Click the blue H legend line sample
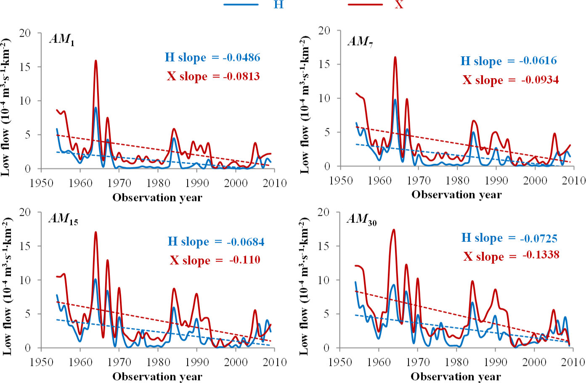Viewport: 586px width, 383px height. pyautogui.click(x=241, y=5)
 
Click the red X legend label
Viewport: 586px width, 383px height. pyautogui.click(x=399, y=5)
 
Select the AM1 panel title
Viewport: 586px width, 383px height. pyautogui.click(x=62, y=39)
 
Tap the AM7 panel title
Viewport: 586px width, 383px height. pyautogui.click(x=360, y=41)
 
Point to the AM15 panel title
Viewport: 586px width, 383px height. pyautogui.click(x=64, y=219)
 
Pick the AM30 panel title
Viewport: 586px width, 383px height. pyautogui.click(x=361, y=219)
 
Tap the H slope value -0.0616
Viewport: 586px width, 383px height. pyautogui.click(x=538, y=61)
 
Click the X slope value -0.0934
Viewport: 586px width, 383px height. pyautogui.click(x=540, y=80)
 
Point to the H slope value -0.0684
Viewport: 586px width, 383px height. pyautogui.click(x=245, y=242)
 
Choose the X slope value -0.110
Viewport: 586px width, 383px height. pyautogui.click(x=244, y=260)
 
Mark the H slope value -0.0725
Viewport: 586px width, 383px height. pyautogui.click(x=538, y=238)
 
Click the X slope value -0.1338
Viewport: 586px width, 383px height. pyautogui.click(x=541, y=255)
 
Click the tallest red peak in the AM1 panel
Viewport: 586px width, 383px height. pyautogui.click(x=96, y=61)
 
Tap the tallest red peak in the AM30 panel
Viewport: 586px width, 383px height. pyautogui.click(x=394, y=230)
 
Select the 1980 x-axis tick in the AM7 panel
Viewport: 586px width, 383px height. pyautogui.click(x=457, y=181)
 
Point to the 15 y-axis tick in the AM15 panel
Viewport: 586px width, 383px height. pyautogui.click(x=25, y=246)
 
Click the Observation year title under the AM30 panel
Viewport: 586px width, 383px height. pyautogui.click(x=456, y=376)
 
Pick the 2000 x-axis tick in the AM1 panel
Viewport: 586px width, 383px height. pyautogui.click(x=236, y=183)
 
